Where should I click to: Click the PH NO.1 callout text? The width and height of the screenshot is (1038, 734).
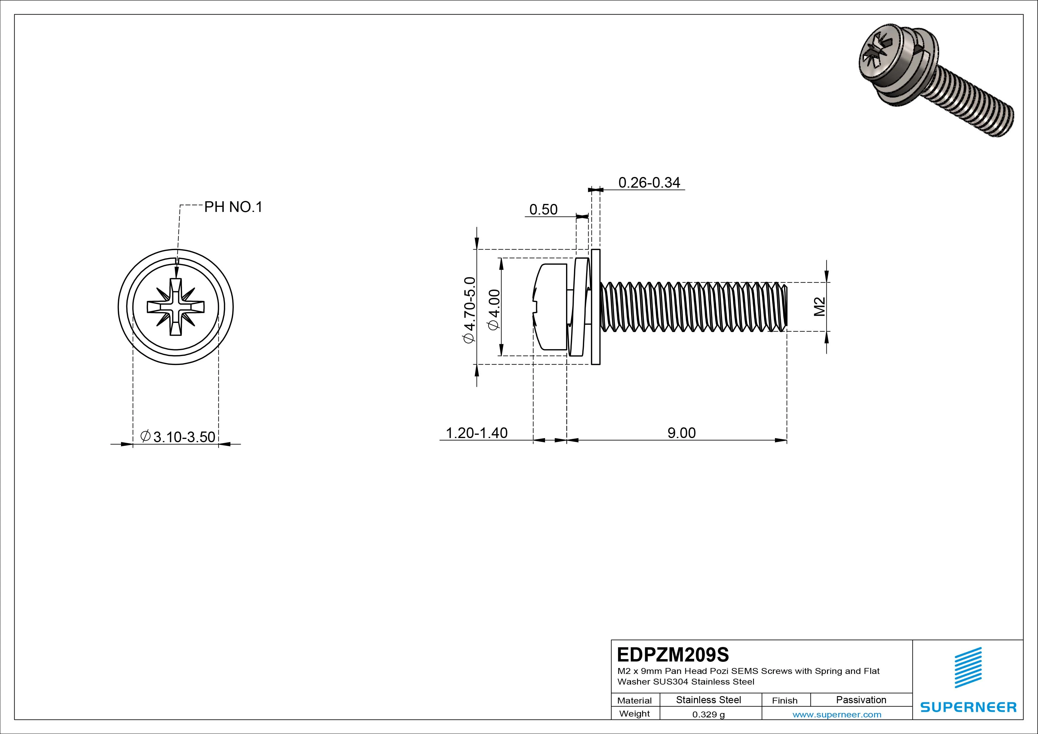(233, 207)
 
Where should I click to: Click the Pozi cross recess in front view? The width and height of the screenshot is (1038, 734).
(176, 307)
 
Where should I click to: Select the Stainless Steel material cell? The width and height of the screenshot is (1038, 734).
(708, 700)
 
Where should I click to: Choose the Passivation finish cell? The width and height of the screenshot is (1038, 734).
(861, 700)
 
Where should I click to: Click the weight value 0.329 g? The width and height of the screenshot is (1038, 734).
(708, 714)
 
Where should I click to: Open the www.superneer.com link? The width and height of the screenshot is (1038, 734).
(836, 714)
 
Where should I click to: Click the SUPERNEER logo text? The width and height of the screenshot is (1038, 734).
(968, 707)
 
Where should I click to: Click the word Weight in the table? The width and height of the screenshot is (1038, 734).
(634, 714)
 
